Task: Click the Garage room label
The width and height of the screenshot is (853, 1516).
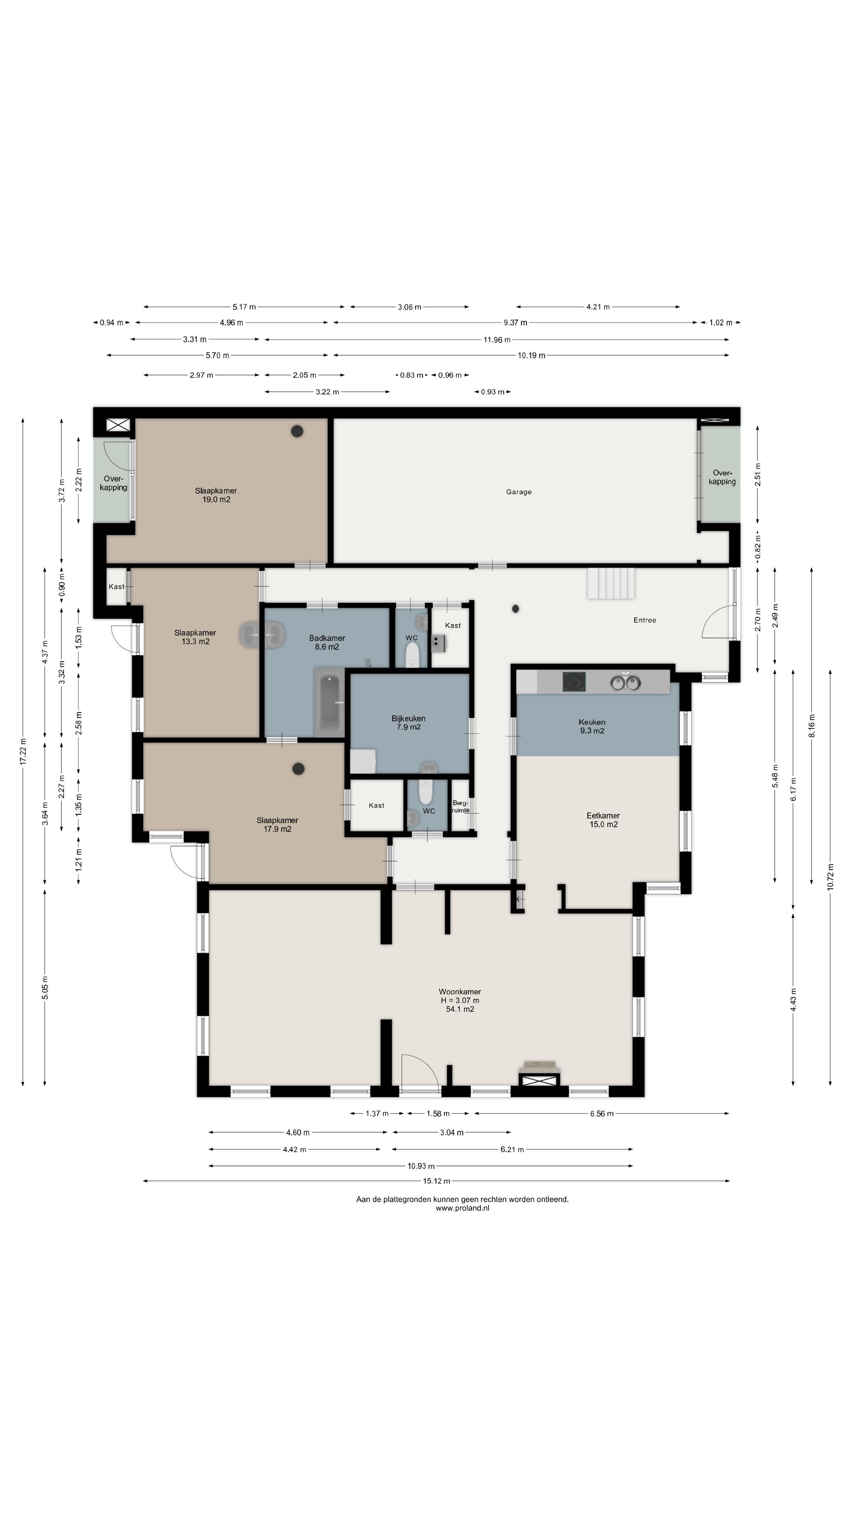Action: [x=519, y=492]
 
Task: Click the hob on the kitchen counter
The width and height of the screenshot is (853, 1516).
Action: [x=574, y=682]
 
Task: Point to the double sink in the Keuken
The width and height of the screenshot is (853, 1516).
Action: [x=625, y=683]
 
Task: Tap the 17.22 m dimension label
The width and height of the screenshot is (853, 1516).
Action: [x=23, y=752]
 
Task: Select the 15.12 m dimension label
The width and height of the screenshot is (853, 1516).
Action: [x=436, y=1181]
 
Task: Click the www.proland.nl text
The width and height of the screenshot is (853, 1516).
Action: [x=462, y=1208]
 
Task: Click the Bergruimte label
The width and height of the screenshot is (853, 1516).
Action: [x=460, y=806]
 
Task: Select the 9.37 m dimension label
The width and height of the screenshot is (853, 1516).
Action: [x=515, y=323]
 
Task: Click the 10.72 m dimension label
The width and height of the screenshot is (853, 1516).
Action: [x=830, y=876]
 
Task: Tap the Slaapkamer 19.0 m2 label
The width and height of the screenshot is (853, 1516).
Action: [x=216, y=495]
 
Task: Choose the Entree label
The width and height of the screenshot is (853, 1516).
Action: [x=644, y=620]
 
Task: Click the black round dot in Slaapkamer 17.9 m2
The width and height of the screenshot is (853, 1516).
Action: [x=299, y=769]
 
